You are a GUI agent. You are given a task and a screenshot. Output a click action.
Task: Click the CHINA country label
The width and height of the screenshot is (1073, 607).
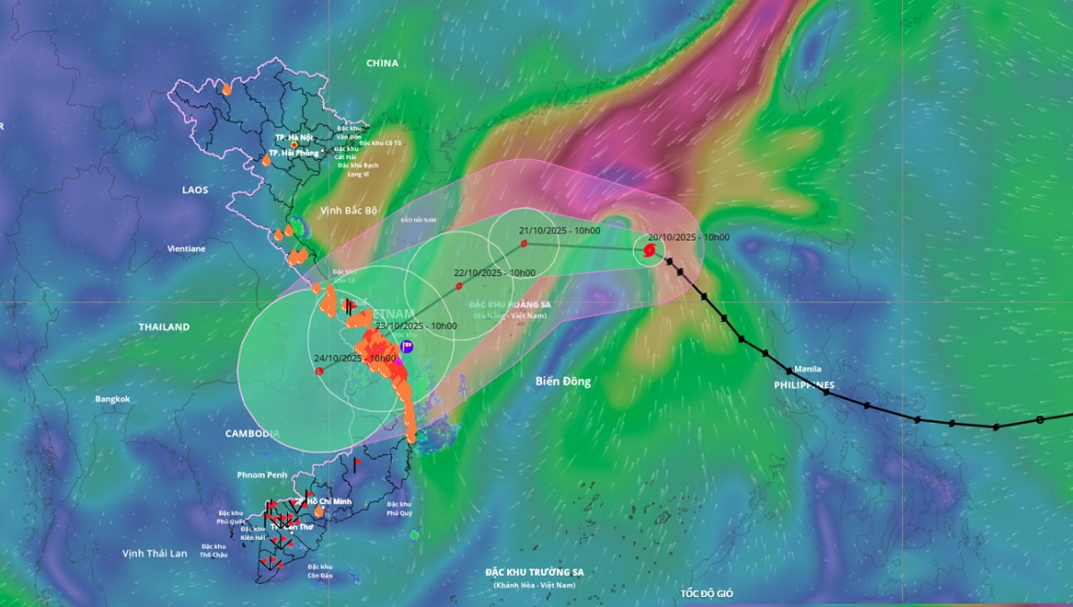(382, 63)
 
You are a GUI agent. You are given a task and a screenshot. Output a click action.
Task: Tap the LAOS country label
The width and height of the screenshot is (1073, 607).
(195, 190)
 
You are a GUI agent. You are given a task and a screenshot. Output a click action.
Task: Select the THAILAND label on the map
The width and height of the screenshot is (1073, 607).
(164, 327)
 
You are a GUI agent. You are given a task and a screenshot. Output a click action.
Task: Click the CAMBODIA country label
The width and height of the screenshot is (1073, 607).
(252, 434)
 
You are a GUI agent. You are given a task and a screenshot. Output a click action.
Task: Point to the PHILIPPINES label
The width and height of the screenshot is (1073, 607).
(804, 385)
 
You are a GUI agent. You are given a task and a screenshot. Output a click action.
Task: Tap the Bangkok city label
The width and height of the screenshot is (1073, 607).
(113, 399)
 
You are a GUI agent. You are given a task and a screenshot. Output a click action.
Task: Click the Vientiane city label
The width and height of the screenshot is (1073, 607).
(185, 249)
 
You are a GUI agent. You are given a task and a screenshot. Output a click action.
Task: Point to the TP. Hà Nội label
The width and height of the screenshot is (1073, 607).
(293, 137)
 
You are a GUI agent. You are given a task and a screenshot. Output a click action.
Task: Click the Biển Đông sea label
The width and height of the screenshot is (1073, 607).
(563, 382)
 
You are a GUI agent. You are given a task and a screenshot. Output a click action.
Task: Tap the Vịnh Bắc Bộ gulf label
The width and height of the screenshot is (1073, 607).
(349, 210)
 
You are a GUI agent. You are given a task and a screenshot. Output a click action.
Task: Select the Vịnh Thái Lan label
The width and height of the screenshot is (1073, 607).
(155, 553)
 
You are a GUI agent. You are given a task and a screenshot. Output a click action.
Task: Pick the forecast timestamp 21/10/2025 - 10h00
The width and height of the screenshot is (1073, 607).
(560, 231)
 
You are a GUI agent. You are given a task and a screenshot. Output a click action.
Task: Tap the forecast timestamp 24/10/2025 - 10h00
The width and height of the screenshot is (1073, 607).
(355, 358)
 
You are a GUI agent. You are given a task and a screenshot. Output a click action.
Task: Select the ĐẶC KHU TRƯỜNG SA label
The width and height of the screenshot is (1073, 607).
(535, 572)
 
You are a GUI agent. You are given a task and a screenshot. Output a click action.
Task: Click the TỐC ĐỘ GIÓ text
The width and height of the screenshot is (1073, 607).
(706, 594)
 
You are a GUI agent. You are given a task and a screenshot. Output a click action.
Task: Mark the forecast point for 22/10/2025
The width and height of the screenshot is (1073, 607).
(459, 286)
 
